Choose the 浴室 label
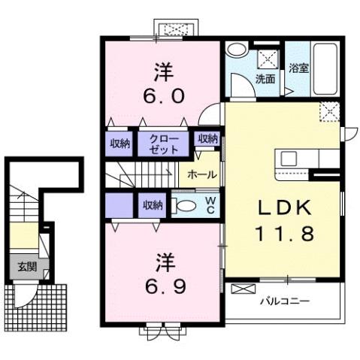tap(298, 68)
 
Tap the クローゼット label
tap(164, 144)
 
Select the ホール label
tap(202, 174)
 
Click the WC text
tap(211, 204)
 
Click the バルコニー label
tap(286, 301)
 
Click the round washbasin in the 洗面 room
tap(235, 50)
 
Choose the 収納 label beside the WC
tap(153, 204)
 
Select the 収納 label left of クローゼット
tap(120, 143)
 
